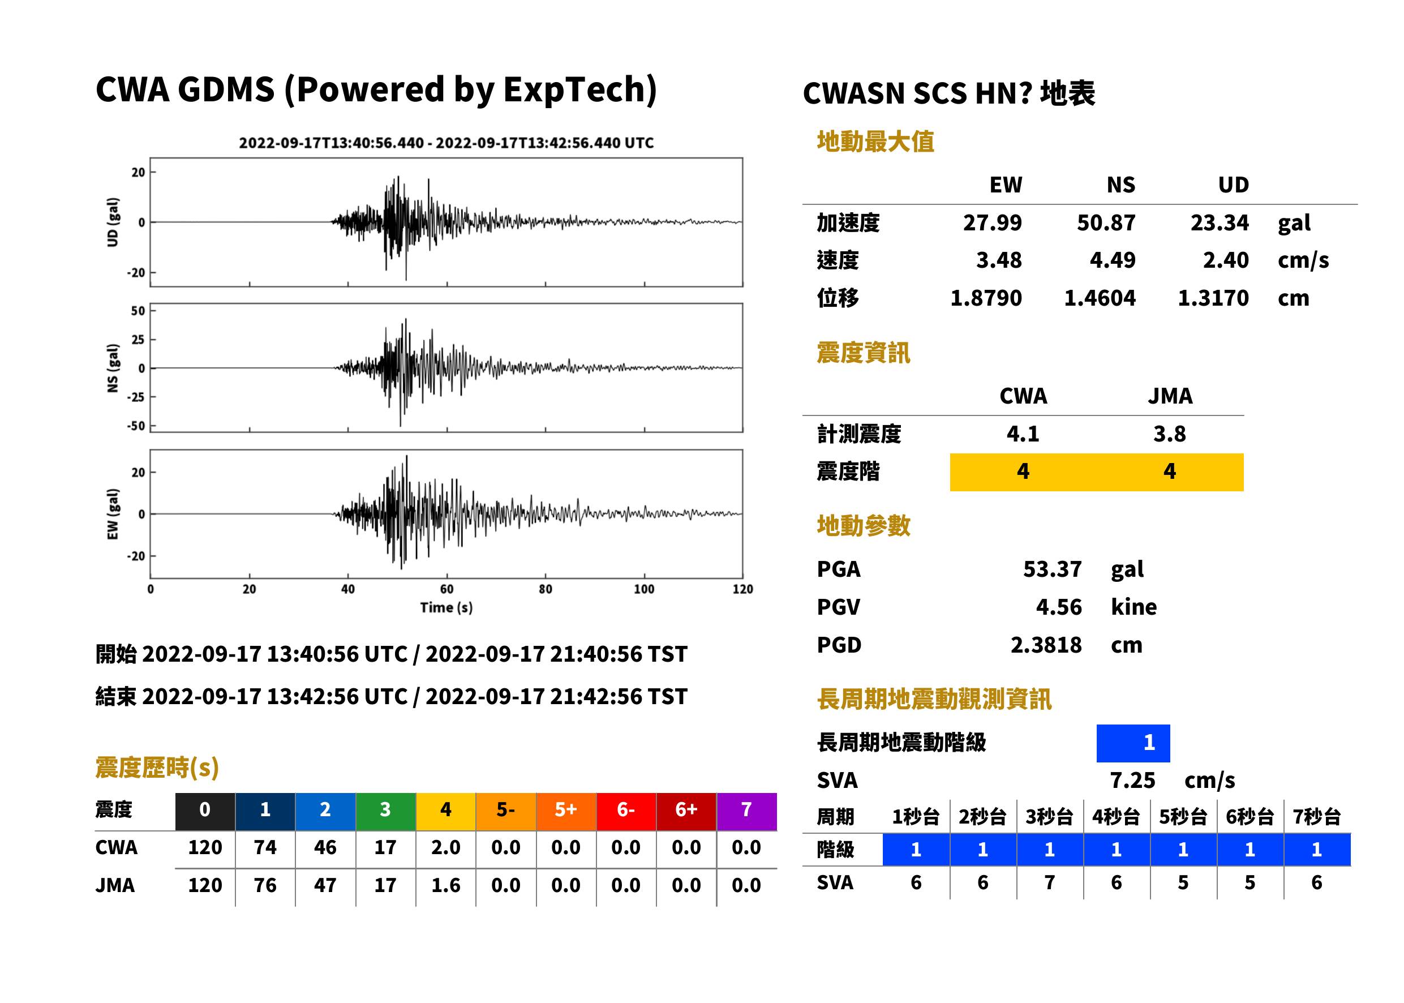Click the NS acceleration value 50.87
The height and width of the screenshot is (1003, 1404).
pos(1106,222)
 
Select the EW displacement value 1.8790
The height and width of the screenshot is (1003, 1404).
pos(986,298)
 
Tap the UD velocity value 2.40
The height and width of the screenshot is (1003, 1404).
pos(1226,260)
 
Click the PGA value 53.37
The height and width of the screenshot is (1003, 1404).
pos(1052,569)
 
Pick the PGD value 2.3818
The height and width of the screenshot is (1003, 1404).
pos(1046,645)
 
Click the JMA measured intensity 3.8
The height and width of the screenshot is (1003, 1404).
pos(1169,434)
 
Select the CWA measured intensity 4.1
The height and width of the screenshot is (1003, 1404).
pos(1023,434)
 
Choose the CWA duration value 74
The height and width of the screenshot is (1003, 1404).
pos(265,847)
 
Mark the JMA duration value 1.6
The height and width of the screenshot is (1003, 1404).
pos(446,885)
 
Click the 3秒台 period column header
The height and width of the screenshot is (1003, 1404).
pos(1049,816)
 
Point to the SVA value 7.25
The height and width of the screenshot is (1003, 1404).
pos(1132,780)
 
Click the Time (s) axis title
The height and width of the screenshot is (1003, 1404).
pos(446,607)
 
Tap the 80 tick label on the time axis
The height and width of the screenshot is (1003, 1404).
pos(545,589)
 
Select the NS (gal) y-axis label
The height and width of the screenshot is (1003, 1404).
pos(113,368)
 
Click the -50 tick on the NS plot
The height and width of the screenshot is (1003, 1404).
pos(136,426)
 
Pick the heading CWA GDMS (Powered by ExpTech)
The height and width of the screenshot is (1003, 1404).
pos(376,89)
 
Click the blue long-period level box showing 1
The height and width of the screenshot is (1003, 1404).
pos(1133,743)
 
